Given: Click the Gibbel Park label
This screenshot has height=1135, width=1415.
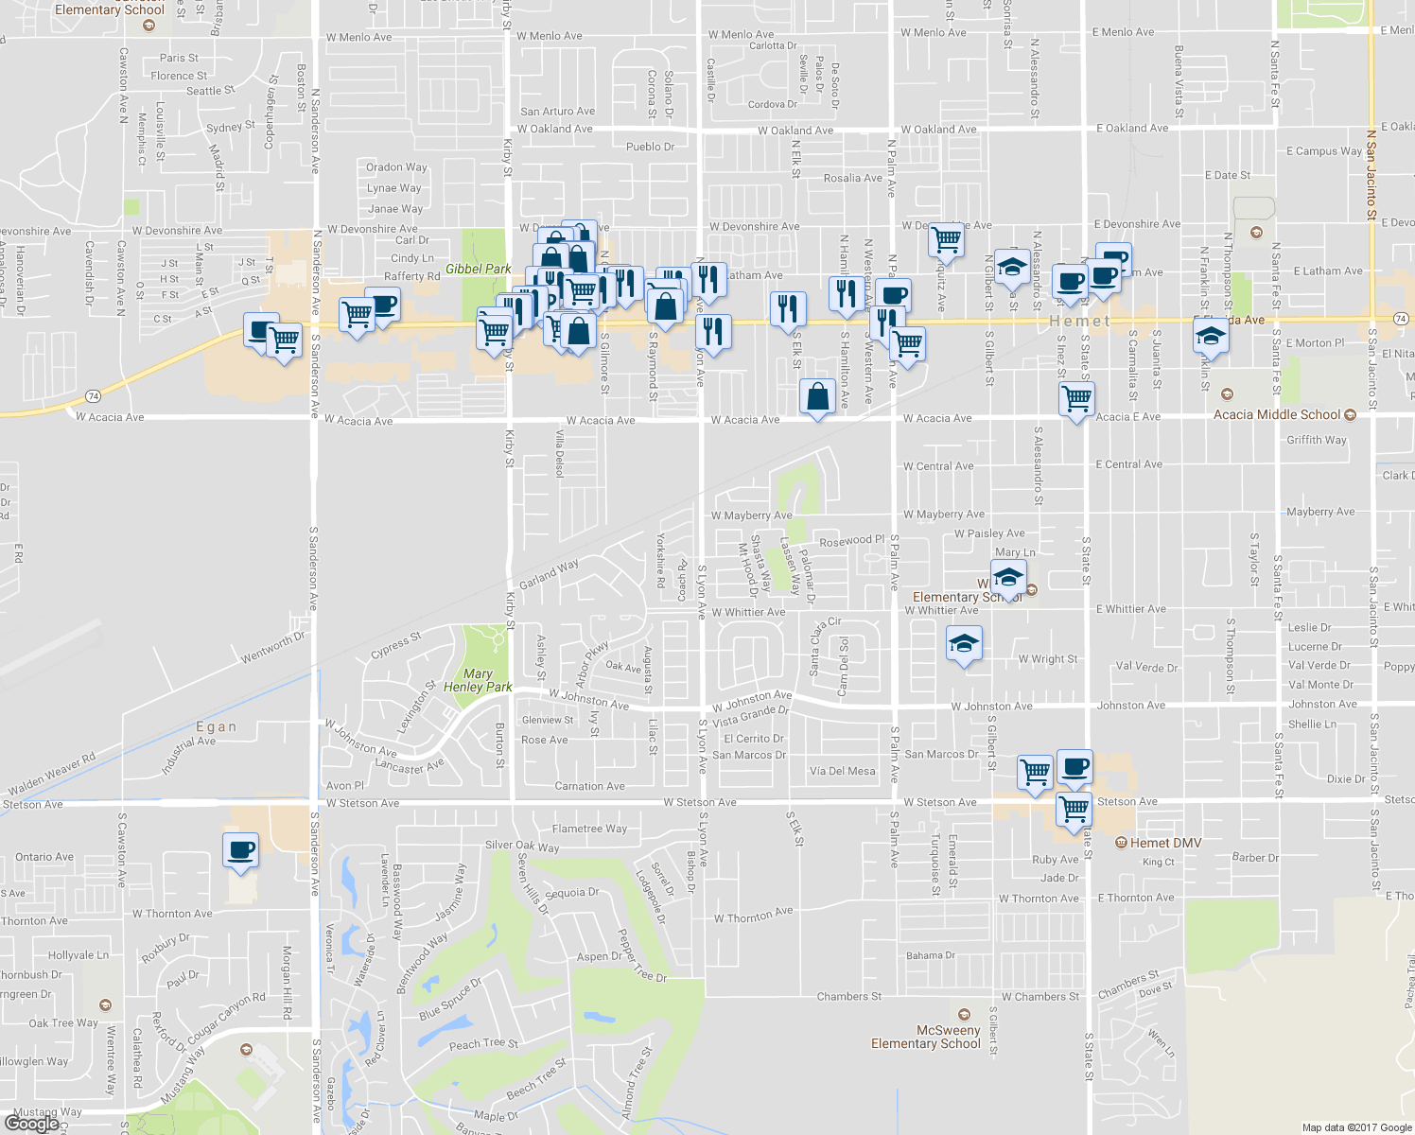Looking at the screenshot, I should point(478,270).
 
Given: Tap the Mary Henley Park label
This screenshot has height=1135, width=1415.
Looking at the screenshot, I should point(478,680).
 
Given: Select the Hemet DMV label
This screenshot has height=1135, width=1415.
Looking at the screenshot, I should point(1164,843).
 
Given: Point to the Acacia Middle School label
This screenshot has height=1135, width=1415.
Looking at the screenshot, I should point(1277,414).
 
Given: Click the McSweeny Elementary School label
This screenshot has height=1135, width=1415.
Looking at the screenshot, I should point(926,1037).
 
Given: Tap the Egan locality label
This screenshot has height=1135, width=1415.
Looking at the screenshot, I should point(216,726).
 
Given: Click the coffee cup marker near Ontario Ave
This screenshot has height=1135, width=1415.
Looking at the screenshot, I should point(240,850).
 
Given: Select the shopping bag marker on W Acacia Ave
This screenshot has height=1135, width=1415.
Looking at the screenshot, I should point(817,397).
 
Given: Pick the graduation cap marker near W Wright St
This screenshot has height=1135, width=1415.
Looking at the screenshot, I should point(963,645).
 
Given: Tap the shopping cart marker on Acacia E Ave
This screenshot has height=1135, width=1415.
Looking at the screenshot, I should point(1077,400).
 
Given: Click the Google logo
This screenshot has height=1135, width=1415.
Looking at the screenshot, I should point(31,1123).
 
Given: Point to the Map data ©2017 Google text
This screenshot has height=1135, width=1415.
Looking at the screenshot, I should point(1356,1127).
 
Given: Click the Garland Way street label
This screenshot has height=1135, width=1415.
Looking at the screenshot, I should point(549,574).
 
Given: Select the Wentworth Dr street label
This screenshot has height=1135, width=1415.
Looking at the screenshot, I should point(273,647).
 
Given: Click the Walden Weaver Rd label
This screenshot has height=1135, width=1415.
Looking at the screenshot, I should point(52,774).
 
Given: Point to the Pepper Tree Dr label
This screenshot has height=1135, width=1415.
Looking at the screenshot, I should point(642,955).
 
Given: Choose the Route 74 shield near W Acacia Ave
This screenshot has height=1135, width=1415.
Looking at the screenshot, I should point(93,396).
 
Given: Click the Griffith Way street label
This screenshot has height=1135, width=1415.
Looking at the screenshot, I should point(1316,440).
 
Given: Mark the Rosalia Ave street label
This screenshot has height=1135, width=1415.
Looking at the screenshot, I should point(852,178).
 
